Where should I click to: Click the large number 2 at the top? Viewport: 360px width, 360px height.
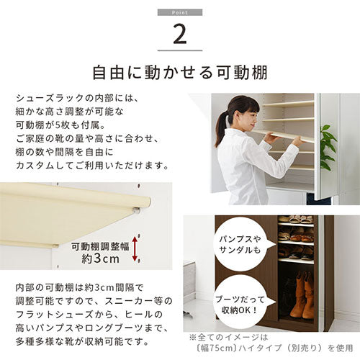click(180, 35)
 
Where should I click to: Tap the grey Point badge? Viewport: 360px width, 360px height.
click(180, 12)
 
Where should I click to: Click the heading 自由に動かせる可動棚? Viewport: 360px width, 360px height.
click(180, 73)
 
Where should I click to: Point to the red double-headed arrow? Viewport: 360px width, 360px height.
click(135, 248)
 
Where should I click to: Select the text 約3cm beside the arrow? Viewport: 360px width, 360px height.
click(100, 258)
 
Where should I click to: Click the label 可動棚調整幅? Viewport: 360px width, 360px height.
click(100, 246)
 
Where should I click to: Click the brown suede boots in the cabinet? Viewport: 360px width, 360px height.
click(302, 294)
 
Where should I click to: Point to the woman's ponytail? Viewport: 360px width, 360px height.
click(220, 127)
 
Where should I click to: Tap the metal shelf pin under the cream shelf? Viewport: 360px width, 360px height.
click(136, 210)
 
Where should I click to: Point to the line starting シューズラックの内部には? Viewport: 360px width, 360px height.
click(77, 98)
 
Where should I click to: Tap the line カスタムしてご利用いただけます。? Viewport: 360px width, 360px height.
click(92, 166)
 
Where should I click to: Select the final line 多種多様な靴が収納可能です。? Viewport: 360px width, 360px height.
click(83, 341)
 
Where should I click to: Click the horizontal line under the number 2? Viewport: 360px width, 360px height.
click(180, 50)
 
